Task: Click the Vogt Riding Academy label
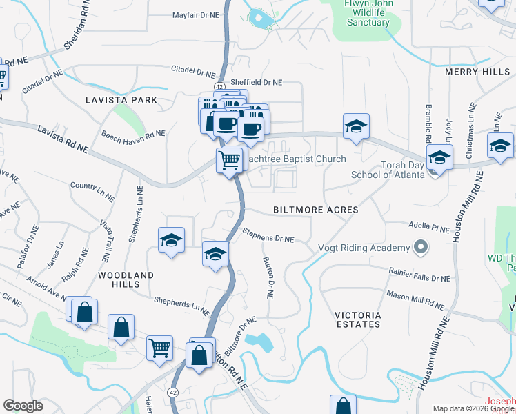(x=363, y=248)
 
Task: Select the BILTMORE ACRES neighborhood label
(x=315, y=209)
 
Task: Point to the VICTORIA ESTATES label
(x=357, y=319)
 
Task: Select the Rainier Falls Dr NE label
(x=419, y=275)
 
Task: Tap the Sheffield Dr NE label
(x=255, y=82)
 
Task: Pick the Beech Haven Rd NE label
(x=133, y=135)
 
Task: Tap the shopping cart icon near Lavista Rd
(x=230, y=161)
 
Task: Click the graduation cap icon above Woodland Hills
(x=171, y=240)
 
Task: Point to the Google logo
(x=23, y=406)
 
